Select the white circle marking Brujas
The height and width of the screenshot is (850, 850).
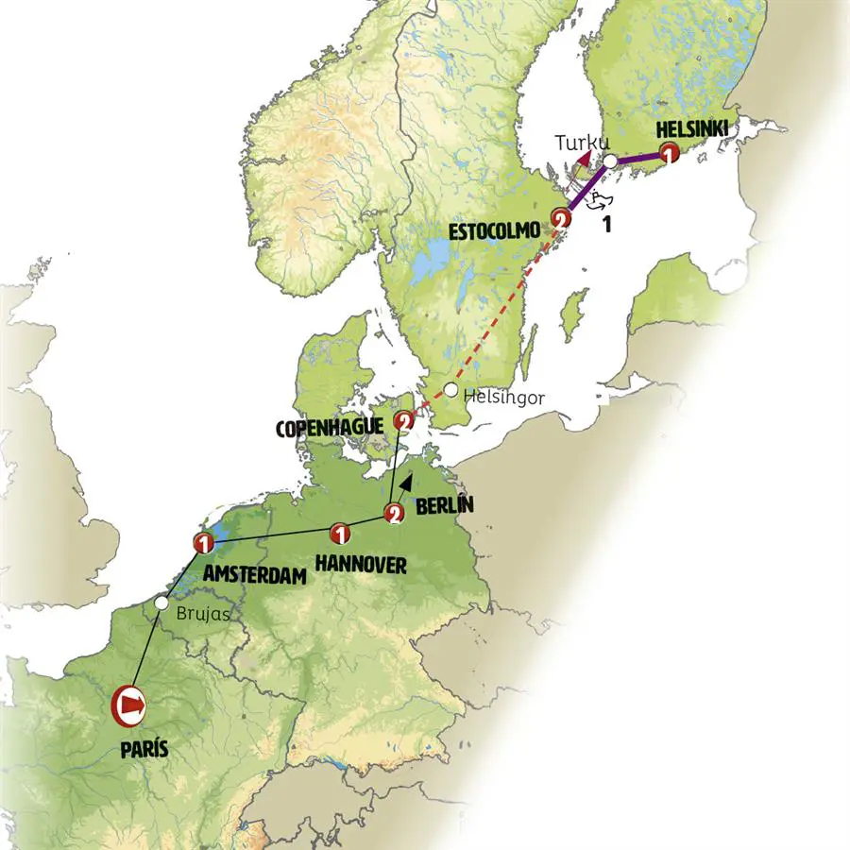(x=162, y=602)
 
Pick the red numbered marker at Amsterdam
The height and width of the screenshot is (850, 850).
(x=201, y=542)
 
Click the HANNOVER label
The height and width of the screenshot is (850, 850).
(x=361, y=565)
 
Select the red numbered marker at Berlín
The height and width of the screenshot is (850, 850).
(x=395, y=514)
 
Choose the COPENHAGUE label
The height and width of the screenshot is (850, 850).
(x=330, y=428)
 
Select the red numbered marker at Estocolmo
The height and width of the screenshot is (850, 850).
(x=561, y=219)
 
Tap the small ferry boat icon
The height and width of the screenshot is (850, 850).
(x=599, y=199)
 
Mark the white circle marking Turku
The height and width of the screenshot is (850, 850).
(x=611, y=161)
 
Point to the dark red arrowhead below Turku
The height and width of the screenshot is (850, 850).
(x=585, y=159)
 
